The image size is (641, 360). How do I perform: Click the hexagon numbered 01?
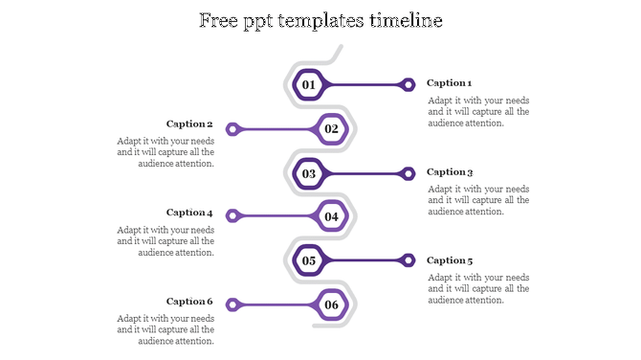tap(309, 84)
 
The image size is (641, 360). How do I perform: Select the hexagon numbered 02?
tap(331, 128)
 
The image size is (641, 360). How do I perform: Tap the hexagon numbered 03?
tap(309, 173)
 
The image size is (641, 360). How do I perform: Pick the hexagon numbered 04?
tap(331, 216)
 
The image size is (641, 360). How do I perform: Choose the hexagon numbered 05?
tap(309, 260)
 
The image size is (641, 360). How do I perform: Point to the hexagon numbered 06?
tap(331, 305)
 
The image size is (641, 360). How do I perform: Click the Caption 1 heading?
tap(450, 83)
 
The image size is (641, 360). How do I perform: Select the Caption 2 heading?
tap(189, 124)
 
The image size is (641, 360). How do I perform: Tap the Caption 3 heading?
tap(450, 172)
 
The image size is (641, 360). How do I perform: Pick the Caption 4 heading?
tap(189, 213)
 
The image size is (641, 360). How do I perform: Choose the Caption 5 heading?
tap(450, 260)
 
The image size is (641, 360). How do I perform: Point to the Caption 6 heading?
tap(189, 302)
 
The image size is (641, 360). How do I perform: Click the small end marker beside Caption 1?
tap(409, 84)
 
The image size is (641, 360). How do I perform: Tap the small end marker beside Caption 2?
tap(232, 128)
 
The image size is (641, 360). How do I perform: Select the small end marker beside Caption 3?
tap(409, 173)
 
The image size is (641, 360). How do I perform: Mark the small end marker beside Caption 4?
tap(232, 216)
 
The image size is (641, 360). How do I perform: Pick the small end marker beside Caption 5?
tap(409, 260)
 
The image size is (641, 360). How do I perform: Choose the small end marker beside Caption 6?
tap(232, 305)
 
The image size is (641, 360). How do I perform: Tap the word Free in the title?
tap(219, 20)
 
